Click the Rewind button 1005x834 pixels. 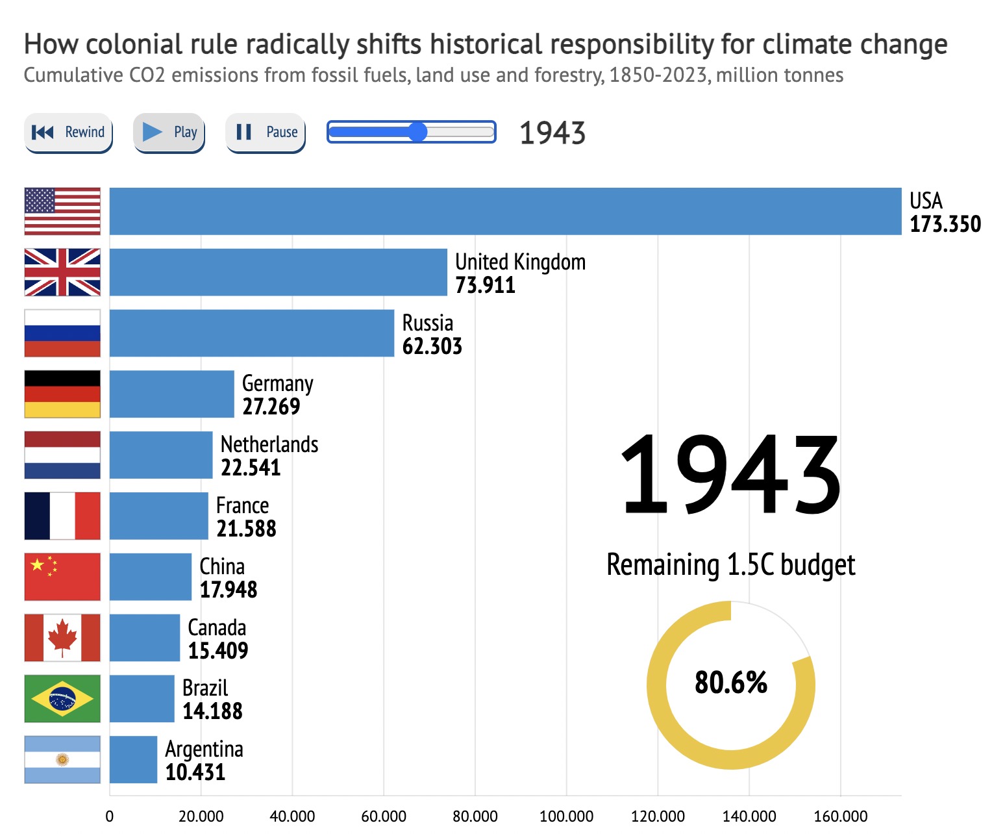pos(68,133)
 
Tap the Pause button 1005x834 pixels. pos(266,133)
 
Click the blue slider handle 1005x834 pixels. pos(418,133)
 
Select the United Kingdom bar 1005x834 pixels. pos(278,272)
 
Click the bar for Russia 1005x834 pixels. pos(251,333)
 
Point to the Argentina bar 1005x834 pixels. pos(133,759)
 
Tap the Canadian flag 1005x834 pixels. pos(62,637)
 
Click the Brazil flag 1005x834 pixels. pos(62,698)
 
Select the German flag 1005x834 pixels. pos(62,394)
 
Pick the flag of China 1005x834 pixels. pos(62,577)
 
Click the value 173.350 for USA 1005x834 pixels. pos(945,224)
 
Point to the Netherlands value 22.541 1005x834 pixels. pos(251,468)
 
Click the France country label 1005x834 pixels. pos(242,505)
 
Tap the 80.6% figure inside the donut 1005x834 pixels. pos(730,683)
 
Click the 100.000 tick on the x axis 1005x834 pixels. pos(566,816)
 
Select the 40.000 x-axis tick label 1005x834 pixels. pos(292,816)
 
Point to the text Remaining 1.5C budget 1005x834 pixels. pos(730,564)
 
